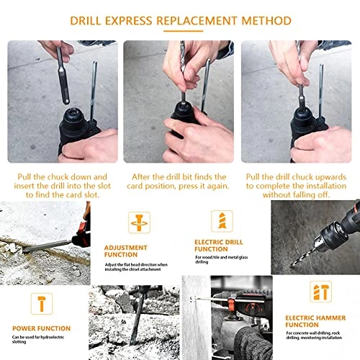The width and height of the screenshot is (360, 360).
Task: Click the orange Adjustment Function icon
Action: click(x=139, y=222)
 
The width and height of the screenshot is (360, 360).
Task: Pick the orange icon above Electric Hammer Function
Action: click(x=320, y=292)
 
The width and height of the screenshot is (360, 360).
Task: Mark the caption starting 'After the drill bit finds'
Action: click(x=180, y=181)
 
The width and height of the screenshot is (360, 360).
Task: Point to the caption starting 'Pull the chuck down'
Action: click(x=61, y=186)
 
